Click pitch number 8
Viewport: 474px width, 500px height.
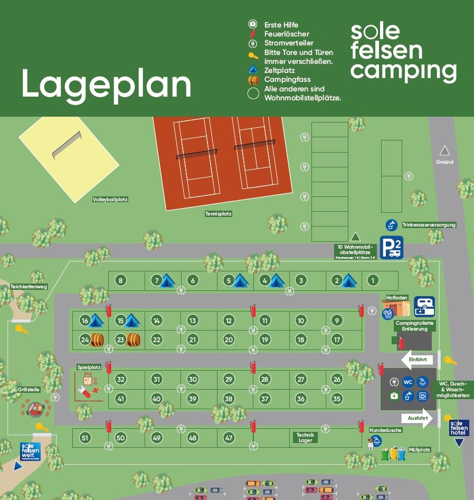pos(120,280)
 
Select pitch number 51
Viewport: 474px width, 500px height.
pos(84,438)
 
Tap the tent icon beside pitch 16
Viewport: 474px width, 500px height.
pos(96,320)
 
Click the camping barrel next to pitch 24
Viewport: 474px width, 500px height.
pos(96,339)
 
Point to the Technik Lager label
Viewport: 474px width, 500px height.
pos(306,437)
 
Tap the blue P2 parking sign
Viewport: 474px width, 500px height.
pos(391,247)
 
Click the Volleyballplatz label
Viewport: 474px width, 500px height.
pos(110,200)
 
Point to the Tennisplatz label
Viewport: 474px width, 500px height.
pos(219,214)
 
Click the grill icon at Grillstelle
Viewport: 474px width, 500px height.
pos(36,408)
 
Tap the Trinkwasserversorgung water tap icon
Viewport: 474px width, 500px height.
pos(391,225)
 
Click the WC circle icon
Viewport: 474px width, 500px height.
pos(407,382)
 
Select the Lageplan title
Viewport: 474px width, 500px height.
pos(106,84)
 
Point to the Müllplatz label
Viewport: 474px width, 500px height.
pos(419,450)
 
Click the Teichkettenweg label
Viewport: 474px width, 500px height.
pos(29,287)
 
